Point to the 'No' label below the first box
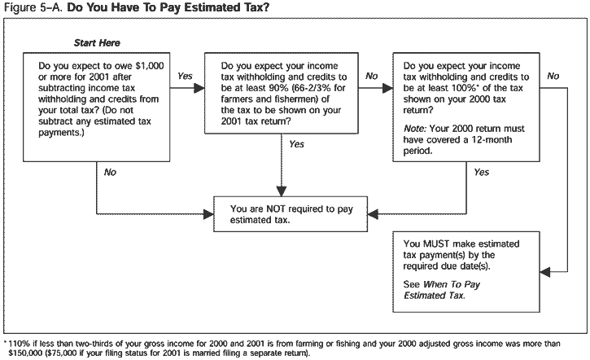(x=110, y=172)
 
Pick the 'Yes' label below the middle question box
(x=296, y=144)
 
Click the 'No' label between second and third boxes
(x=372, y=76)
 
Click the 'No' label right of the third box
(x=553, y=76)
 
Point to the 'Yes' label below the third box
(x=481, y=172)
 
